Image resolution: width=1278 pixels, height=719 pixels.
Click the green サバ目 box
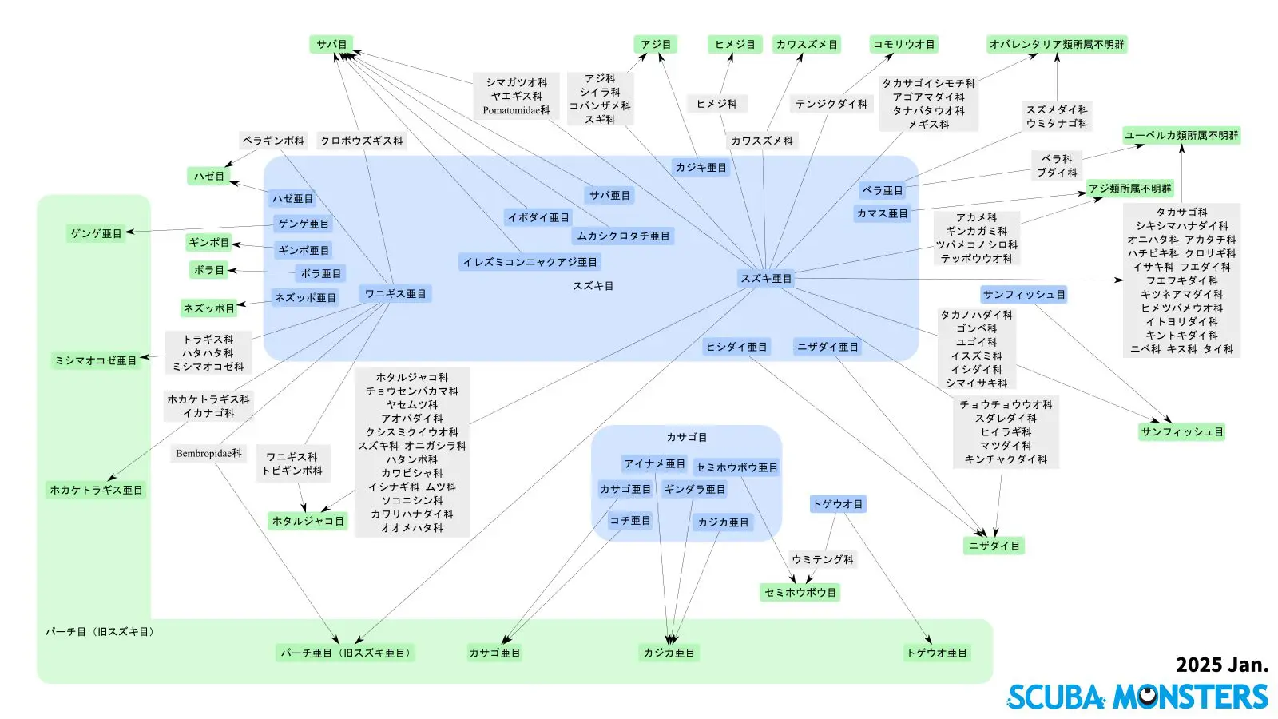(x=331, y=45)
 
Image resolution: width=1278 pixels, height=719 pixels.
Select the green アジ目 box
(x=656, y=45)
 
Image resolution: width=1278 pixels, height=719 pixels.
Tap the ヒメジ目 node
(x=735, y=45)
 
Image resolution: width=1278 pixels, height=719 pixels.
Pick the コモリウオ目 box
(x=903, y=45)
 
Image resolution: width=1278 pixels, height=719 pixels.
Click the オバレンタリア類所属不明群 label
(x=1056, y=45)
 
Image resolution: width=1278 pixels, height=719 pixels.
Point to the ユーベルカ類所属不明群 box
(x=1181, y=136)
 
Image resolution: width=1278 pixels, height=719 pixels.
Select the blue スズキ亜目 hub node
(x=766, y=279)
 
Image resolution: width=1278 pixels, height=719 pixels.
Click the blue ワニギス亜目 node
(x=395, y=294)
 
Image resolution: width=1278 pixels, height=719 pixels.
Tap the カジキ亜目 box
(x=701, y=168)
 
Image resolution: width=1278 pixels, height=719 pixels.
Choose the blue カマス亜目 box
(x=882, y=214)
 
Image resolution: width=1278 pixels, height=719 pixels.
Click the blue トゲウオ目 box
(x=837, y=504)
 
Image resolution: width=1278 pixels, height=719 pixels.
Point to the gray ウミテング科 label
(x=822, y=560)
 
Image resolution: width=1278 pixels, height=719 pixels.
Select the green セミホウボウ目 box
(x=800, y=593)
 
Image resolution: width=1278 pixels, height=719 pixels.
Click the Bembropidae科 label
(x=208, y=454)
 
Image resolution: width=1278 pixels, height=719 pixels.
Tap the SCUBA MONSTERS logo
(x=1137, y=697)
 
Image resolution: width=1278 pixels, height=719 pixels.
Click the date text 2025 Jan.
(x=1221, y=665)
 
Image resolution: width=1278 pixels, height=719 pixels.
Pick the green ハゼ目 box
(x=209, y=177)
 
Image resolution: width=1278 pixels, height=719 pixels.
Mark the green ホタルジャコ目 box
(x=308, y=522)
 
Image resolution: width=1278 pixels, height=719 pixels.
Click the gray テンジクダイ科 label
(x=831, y=104)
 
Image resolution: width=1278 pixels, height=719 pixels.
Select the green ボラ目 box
(x=209, y=270)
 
